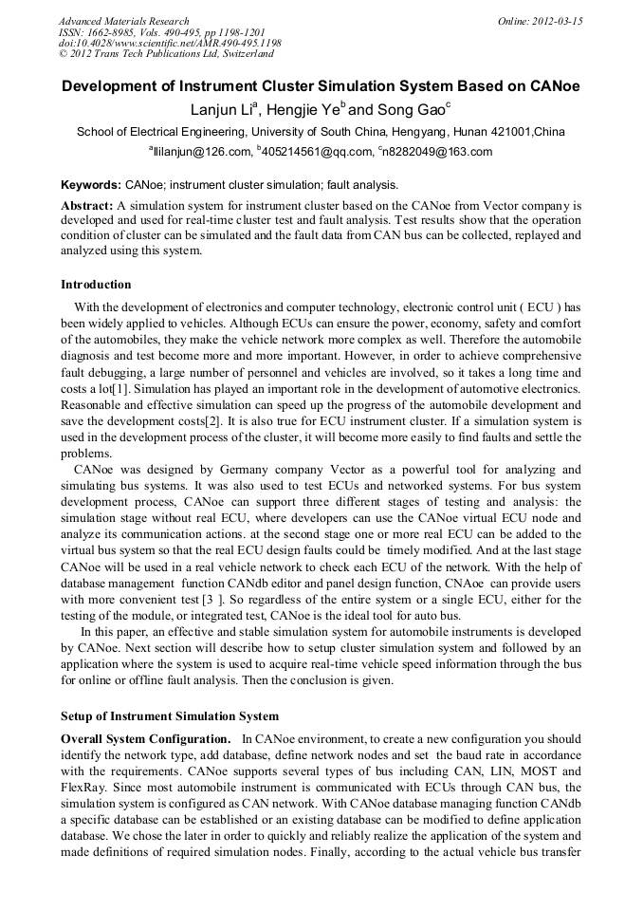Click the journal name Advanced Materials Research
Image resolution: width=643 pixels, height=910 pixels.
pyautogui.click(x=123, y=21)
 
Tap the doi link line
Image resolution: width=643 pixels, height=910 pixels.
pyautogui.click(x=170, y=44)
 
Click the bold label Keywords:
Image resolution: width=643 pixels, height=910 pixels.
pyautogui.click(x=91, y=185)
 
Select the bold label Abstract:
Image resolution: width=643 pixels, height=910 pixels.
pyautogui.click(x=86, y=206)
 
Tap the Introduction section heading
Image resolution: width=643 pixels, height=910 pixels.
pyautogui.click(x=96, y=285)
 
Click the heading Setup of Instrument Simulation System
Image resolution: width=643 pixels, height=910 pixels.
pyautogui.click(x=170, y=715)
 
